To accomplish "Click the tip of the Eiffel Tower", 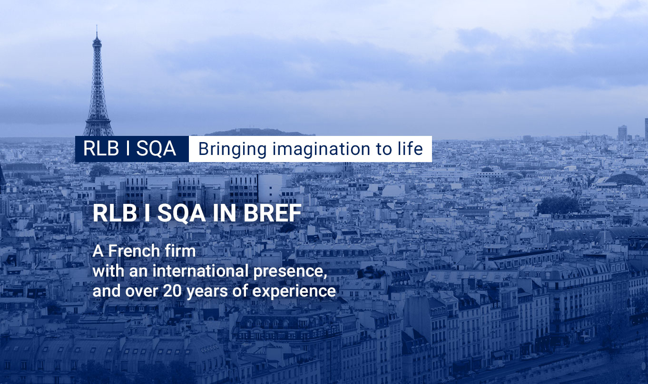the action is [97, 26].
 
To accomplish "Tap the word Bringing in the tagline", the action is [233, 149].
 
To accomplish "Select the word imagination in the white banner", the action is [321, 149].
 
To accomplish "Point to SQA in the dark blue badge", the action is [156, 149].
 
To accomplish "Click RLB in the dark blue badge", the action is [101, 149].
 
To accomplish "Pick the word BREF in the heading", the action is [272, 213].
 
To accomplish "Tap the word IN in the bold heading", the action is [224, 213].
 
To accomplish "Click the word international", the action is [200, 271].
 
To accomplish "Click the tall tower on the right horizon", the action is [622, 133].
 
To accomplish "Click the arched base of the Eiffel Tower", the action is [98, 129].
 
